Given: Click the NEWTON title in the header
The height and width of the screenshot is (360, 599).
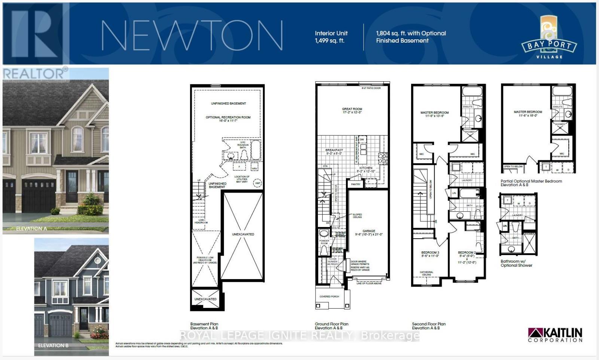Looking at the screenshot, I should click(192, 35).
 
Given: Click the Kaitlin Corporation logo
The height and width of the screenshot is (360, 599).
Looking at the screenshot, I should click(555, 335).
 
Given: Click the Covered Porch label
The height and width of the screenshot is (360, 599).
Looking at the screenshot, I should click(329, 296).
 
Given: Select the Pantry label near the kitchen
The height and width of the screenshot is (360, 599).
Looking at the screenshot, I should click(356, 184).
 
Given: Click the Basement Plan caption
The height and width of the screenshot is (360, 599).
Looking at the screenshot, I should click(204, 326).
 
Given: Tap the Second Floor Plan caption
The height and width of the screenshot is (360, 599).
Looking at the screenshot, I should click(429, 326).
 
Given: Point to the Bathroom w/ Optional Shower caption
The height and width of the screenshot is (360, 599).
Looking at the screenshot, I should click(516, 263).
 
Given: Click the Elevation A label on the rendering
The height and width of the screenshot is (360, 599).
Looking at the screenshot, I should click(31, 229).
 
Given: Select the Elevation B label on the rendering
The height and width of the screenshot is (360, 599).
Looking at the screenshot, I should click(53, 345).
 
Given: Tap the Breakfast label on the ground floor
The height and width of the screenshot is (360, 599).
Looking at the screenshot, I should click(334, 152).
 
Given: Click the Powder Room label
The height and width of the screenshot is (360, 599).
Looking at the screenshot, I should click(324, 242).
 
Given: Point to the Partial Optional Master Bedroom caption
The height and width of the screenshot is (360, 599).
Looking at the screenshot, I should click(531, 183).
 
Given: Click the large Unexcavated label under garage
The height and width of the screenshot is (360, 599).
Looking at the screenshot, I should click(243, 235).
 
